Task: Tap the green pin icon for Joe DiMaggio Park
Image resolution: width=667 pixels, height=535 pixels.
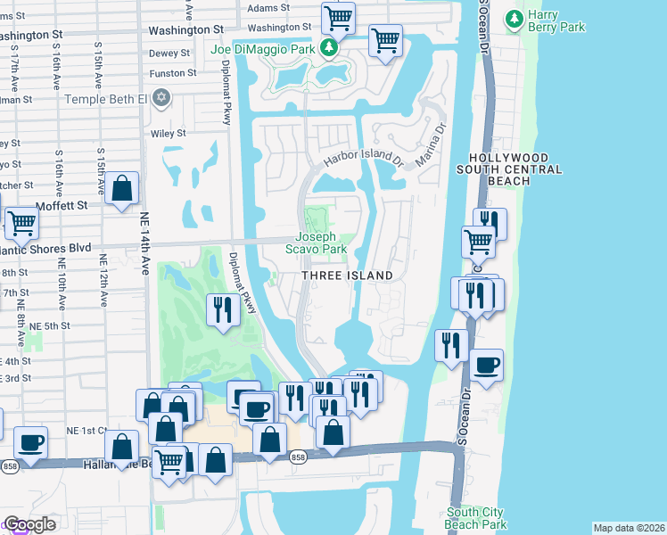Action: (x=329, y=46)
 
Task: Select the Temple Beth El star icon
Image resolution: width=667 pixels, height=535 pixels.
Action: (x=161, y=96)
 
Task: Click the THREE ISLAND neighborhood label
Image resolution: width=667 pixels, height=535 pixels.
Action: (x=347, y=276)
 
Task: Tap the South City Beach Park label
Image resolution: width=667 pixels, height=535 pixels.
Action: (x=477, y=518)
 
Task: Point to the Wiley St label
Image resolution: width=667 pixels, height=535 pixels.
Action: (x=168, y=134)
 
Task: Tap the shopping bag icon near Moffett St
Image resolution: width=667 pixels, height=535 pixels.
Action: (x=122, y=190)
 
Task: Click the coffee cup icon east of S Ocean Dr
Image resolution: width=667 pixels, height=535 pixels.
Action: (x=487, y=366)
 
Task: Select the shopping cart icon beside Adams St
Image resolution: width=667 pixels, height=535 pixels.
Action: (x=338, y=17)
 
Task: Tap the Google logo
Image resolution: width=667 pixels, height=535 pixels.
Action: (x=29, y=524)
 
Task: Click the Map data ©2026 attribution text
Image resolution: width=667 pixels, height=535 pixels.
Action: (x=628, y=528)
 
